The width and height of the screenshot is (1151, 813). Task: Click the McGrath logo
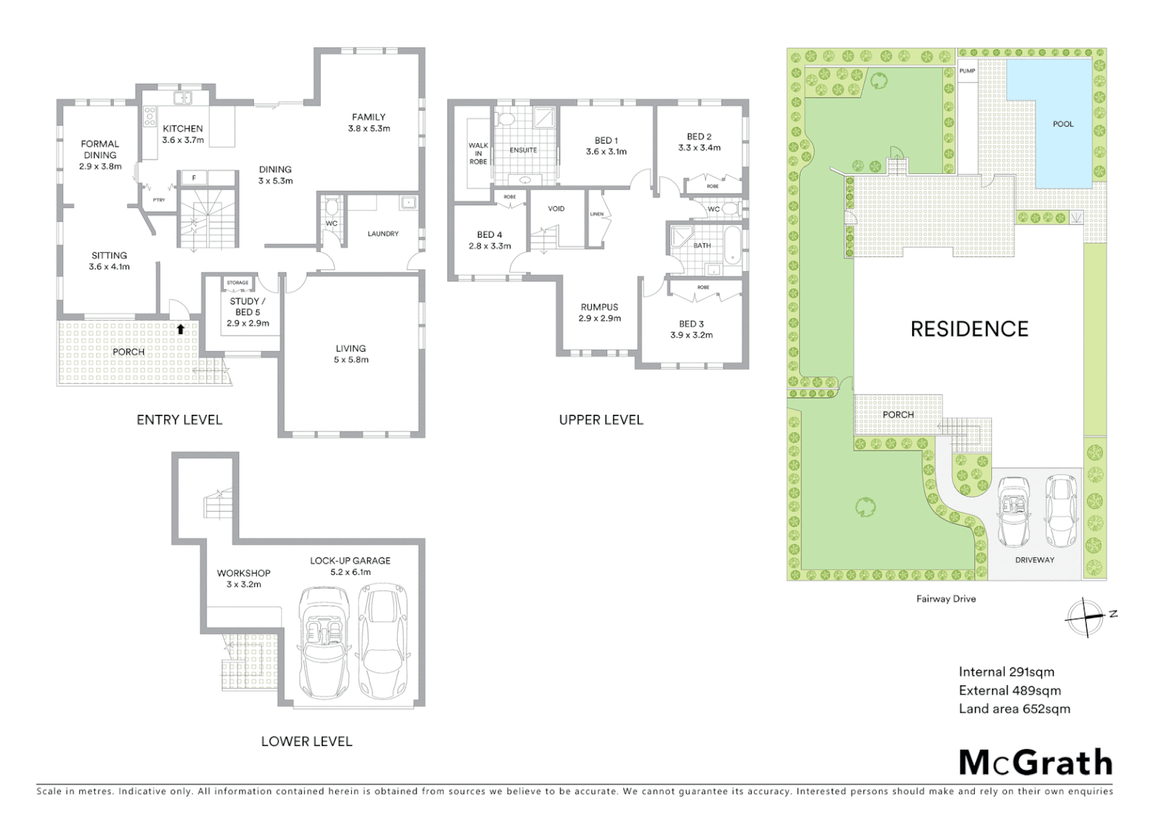(x=1036, y=763)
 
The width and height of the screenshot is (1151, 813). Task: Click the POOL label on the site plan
(x=1063, y=124)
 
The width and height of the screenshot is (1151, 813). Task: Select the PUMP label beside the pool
(x=967, y=72)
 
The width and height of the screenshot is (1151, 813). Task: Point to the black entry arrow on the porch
(x=181, y=328)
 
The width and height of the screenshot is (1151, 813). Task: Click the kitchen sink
(x=182, y=97)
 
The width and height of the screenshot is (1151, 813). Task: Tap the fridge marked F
(x=194, y=178)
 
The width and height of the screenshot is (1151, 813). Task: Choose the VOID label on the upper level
(x=556, y=209)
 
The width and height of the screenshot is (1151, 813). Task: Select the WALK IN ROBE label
(x=478, y=154)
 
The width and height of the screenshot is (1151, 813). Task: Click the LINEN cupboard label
(x=597, y=215)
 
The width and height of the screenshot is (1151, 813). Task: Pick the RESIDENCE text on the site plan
(x=969, y=329)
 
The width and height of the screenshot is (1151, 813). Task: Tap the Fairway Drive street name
(x=946, y=599)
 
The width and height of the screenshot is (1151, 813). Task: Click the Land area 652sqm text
(x=1014, y=708)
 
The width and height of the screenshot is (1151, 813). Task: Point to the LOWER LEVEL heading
(x=307, y=741)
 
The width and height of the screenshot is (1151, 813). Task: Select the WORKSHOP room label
(x=243, y=573)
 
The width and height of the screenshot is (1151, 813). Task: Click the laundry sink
(x=408, y=202)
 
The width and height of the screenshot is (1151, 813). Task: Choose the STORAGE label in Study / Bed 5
(x=237, y=283)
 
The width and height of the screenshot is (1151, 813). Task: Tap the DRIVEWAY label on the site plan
(x=1034, y=560)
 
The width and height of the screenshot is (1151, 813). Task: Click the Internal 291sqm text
(x=1006, y=672)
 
